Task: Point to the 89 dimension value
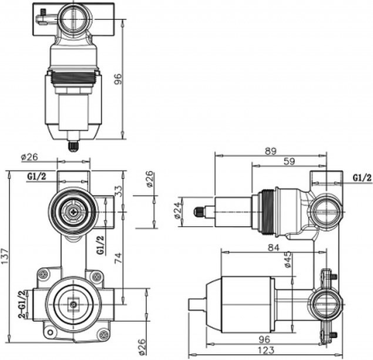click(271, 151)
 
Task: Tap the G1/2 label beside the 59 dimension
click(361, 178)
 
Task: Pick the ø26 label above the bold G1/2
click(29, 157)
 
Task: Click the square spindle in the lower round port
click(73, 304)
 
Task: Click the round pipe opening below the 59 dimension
click(324, 212)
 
